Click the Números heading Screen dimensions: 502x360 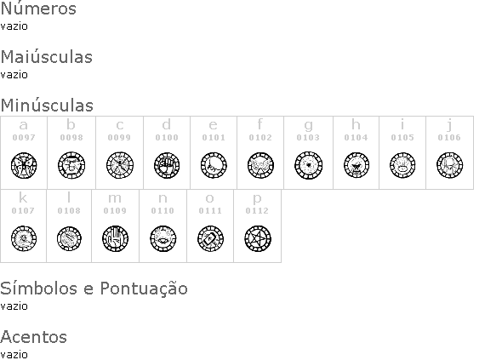pyautogui.click(x=38, y=8)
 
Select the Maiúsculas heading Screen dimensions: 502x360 pyautogui.click(x=47, y=57)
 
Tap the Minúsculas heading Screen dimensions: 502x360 pyautogui.click(x=47, y=105)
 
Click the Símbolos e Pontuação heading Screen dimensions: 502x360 pyautogui.click(x=94, y=289)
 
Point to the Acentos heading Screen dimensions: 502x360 pyautogui.click(x=34, y=337)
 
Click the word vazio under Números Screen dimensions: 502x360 pyautogui.click(x=14, y=26)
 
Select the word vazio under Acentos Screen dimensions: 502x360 pyautogui.click(x=14, y=355)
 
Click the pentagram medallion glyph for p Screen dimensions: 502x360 pyautogui.click(x=258, y=238)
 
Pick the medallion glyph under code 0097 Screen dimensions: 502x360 pyautogui.click(x=24, y=165)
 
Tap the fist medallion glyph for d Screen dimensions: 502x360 pyautogui.click(x=167, y=165)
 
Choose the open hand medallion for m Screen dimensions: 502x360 pyautogui.click(x=115, y=238)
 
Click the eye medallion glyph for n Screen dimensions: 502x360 pyautogui.click(x=163, y=238)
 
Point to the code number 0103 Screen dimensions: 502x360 pyautogui.click(x=308, y=138)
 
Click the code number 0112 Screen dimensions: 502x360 pyautogui.click(x=257, y=211)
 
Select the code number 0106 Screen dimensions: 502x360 pyautogui.click(x=449, y=138)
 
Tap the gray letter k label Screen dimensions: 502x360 pyautogui.click(x=23, y=197)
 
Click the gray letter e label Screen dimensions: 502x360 pyautogui.click(x=214, y=124)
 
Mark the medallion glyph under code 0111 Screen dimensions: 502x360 pyautogui.click(x=210, y=238)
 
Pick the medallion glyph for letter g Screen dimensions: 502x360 pyautogui.click(x=308, y=165)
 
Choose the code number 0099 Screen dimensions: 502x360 pyautogui.click(x=119, y=138)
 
